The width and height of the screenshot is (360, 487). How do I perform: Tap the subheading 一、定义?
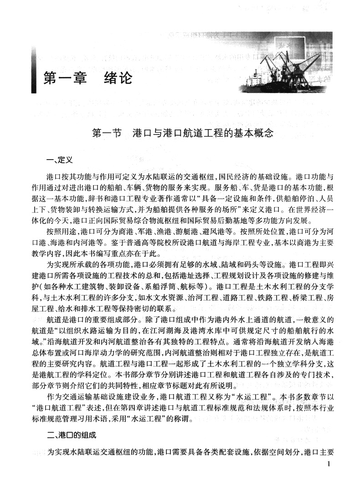pyautogui.click(x=53, y=161)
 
